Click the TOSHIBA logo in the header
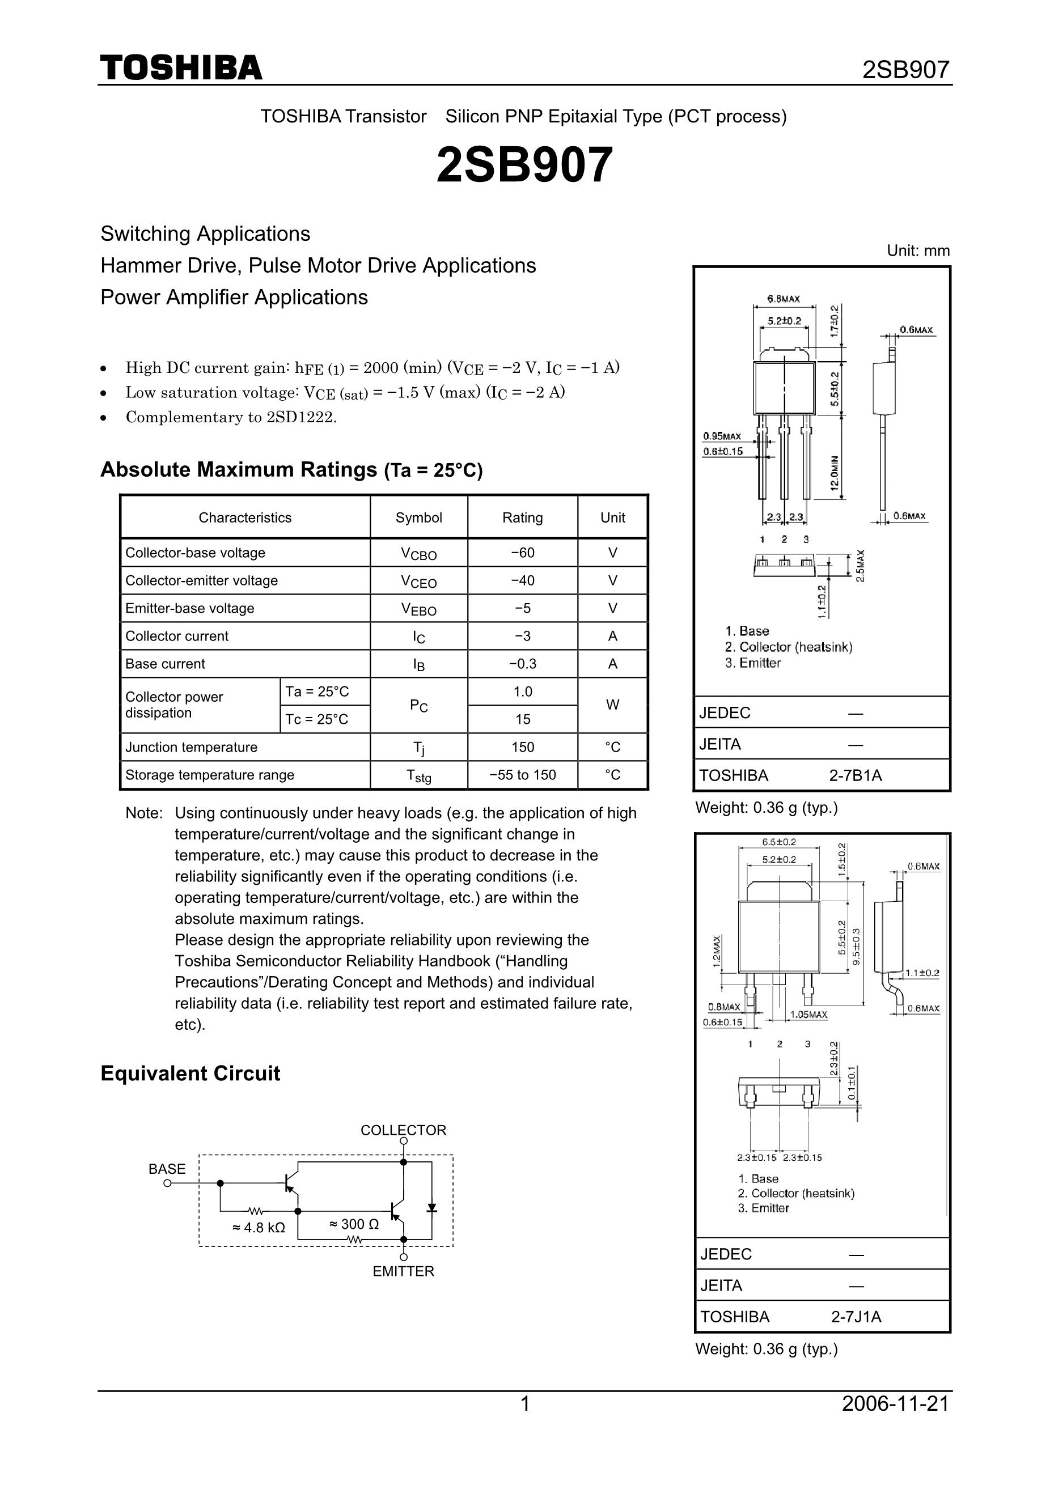tap(181, 68)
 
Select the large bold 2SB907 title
tap(524, 165)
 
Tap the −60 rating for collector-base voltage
tap(522, 553)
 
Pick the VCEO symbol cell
tap(418, 582)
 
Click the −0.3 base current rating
tap(522, 664)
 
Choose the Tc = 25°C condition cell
tap(317, 719)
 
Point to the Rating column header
tap(522, 517)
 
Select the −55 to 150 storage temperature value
tap(522, 775)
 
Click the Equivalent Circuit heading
tap(190, 1074)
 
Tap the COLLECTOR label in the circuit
tap(403, 1130)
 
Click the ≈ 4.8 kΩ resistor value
tap(258, 1228)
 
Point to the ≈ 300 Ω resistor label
tap(354, 1224)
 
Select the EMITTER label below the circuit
tap(403, 1271)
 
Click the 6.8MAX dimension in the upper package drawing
tap(784, 299)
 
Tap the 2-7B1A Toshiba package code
tap(856, 775)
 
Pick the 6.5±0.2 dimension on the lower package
tap(779, 842)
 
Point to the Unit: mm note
tap(918, 251)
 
